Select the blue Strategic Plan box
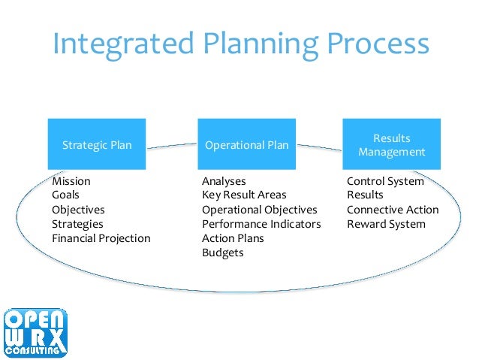pos(96,145)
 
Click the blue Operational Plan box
pos(246,145)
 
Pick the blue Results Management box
pos(391,145)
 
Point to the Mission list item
pos(71,181)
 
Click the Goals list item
pos(66,195)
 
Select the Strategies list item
pos(77,224)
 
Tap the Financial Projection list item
pos(101,238)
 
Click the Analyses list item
pos(224,181)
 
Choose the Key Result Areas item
pos(244,195)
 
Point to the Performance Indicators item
pos(261,224)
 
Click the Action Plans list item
pos(233,238)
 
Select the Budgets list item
pos(222,253)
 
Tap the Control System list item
pos(385,181)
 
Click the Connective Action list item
pos(393,210)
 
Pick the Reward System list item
pos(386,224)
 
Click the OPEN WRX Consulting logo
pos(35,331)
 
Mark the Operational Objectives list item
pos(260,210)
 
